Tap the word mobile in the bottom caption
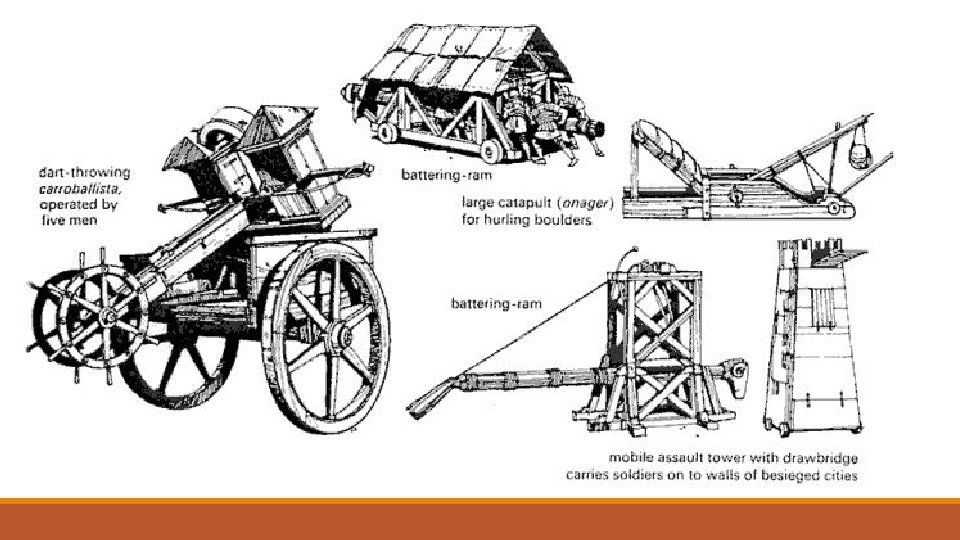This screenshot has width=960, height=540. point(612,458)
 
